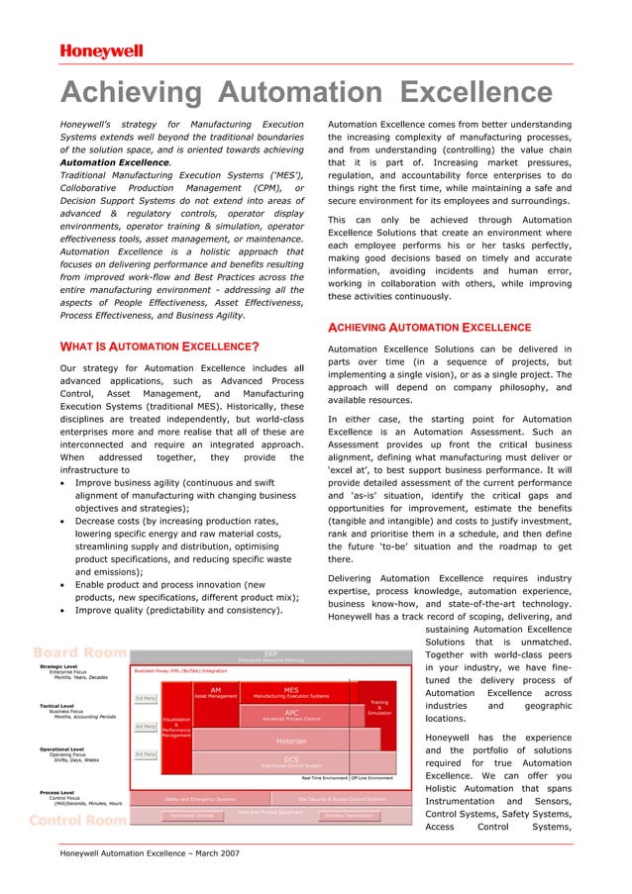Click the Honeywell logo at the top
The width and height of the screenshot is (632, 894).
pyautogui.click(x=101, y=50)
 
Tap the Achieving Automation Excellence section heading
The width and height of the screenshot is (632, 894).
pyautogui.click(x=429, y=327)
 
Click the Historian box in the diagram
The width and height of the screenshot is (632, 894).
pyautogui.click(x=291, y=740)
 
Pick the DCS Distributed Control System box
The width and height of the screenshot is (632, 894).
pyautogui.click(x=291, y=762)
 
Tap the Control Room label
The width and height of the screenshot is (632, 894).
pyautogui.click(x=80, y=821)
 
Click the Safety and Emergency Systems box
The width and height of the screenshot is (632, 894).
pyautogui.click(x=200, y=798)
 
